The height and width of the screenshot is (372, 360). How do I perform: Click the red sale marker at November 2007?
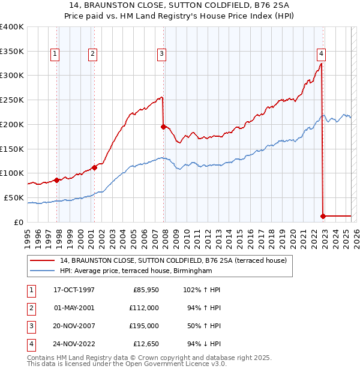point(163,127)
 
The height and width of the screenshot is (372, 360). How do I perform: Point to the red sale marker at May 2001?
point(94,167)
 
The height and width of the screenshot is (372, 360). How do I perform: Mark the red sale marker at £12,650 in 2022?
point(323,215)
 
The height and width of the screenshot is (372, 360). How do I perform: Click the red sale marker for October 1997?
point(57,180)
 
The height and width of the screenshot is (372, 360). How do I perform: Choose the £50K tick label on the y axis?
point(14,197)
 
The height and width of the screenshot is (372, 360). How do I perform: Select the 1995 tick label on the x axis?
point(28,236)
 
